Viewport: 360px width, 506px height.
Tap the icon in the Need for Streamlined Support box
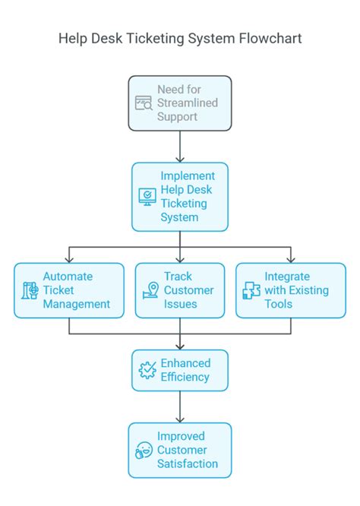coord(144,103)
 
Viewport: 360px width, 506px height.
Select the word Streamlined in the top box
coord(188,103)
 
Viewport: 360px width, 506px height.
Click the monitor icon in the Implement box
coord(147,197)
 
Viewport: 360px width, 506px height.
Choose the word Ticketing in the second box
coord(184,204)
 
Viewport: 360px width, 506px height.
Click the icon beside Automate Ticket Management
coord(30,290)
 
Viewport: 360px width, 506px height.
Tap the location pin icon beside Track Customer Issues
coord(150,290)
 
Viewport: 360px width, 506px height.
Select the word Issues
coord(181,304)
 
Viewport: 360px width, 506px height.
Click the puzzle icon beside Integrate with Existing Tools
coord(251,290)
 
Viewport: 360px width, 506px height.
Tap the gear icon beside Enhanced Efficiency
coord(147,370)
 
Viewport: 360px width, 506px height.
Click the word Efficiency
coord(185,377)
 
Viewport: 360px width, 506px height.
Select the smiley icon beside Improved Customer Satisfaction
coord(144,450)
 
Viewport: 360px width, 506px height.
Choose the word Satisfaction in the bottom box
coord(188,463)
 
